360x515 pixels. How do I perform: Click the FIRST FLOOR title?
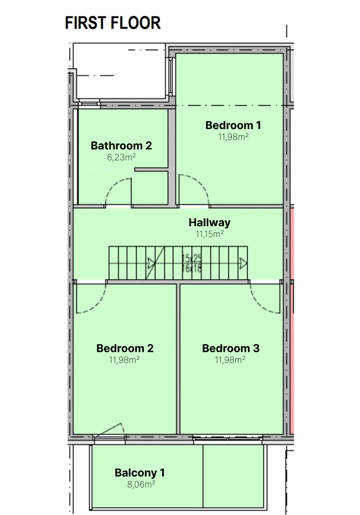(113, 23)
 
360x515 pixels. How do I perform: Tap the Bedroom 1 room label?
(233, 125)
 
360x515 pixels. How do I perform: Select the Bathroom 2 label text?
(122, 146)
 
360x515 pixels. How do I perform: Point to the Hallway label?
(209, 223)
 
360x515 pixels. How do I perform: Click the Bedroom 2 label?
(125, 348)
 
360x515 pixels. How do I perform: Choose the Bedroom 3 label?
(231, 348)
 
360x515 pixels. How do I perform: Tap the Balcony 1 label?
(139, 473)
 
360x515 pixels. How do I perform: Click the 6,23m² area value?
(122, 157)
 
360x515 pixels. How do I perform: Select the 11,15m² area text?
(210, 234)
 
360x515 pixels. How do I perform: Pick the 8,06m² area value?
(141, 484)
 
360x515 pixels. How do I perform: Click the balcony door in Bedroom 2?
(109, 430)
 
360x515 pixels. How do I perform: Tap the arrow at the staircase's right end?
(243, 263)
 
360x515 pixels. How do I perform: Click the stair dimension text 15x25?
(192, 259)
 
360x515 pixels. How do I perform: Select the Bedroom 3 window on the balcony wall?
(228, 437)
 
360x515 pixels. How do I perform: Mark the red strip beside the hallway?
(292, 320)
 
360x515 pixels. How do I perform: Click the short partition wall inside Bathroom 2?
(152, 170)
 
